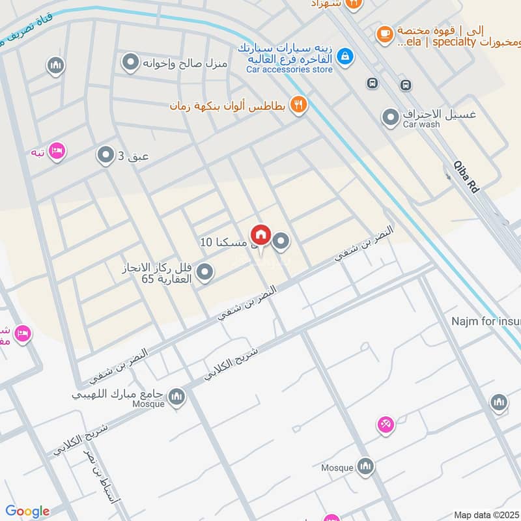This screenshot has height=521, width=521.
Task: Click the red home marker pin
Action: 261,234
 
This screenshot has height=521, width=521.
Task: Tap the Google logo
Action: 27,511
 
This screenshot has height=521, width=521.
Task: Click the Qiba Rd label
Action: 466,176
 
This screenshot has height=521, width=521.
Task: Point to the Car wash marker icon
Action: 390,118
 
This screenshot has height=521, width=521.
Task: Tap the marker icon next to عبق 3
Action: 106,155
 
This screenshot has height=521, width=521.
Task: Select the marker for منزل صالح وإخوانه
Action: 131,63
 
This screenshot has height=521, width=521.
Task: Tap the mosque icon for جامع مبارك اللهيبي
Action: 176,396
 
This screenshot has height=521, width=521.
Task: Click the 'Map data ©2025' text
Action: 486,514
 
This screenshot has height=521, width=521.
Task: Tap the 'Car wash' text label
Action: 418,124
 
